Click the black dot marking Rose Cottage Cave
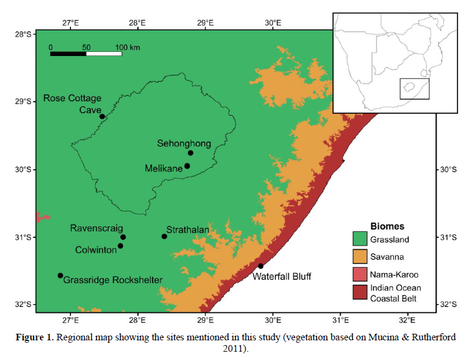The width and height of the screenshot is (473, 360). [102, 116]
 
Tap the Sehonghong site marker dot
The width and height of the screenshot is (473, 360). [190, 153]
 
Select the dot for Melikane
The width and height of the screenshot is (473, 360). [187, 166]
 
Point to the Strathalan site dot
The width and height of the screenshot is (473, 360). [165, 236]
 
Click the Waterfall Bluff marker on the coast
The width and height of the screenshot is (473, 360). [261, 266]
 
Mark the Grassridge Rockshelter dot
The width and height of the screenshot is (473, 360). [60, 275]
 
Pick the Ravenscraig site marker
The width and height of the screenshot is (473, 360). [123, 237]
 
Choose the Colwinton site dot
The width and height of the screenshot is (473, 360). [120, 246]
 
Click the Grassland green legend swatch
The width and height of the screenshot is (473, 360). [360, 241]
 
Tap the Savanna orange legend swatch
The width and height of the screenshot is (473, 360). [360, 257]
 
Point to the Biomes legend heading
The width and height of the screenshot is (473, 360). [387, 226]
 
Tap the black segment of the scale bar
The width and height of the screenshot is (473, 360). [68, 54]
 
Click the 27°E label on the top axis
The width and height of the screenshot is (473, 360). [70, 23]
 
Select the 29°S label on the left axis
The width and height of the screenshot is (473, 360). [23, 102]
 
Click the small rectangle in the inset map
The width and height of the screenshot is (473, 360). [414, 89]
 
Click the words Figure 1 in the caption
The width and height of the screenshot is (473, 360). [33, 337]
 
